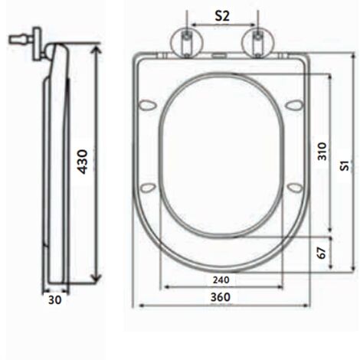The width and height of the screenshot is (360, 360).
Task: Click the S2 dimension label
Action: point(222,16)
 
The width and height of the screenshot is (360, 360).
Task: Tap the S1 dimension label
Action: point(345,165)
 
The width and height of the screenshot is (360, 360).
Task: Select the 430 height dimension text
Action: point(83,162)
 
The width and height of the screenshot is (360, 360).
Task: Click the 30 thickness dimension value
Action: point(55,300)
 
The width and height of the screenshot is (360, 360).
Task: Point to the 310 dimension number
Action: point(322,152)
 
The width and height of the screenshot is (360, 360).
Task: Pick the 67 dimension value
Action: point(322,253)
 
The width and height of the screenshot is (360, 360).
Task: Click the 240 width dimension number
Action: point(221,280)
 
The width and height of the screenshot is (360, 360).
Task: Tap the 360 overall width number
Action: point(221,297)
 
